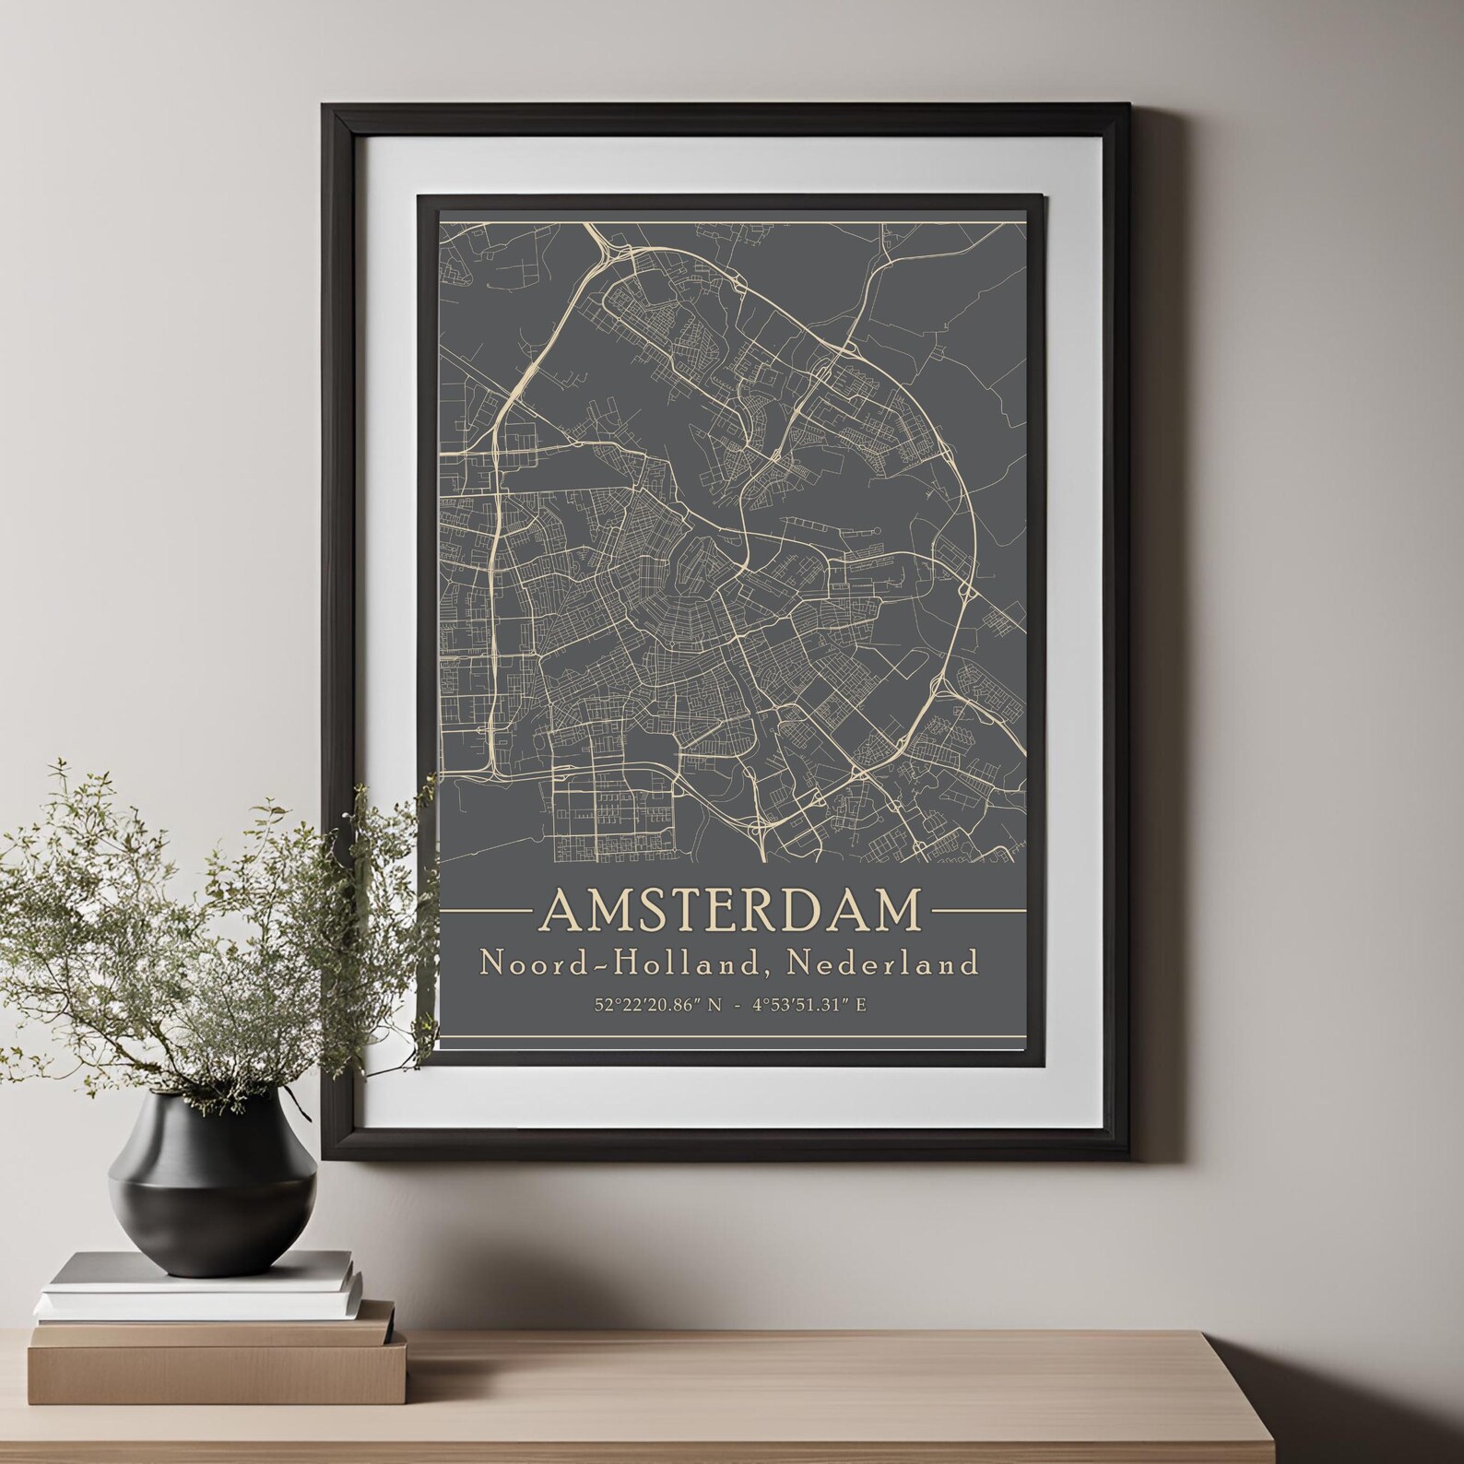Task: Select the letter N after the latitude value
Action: pos(713,1006)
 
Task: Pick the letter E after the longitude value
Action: pos(861,1006)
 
